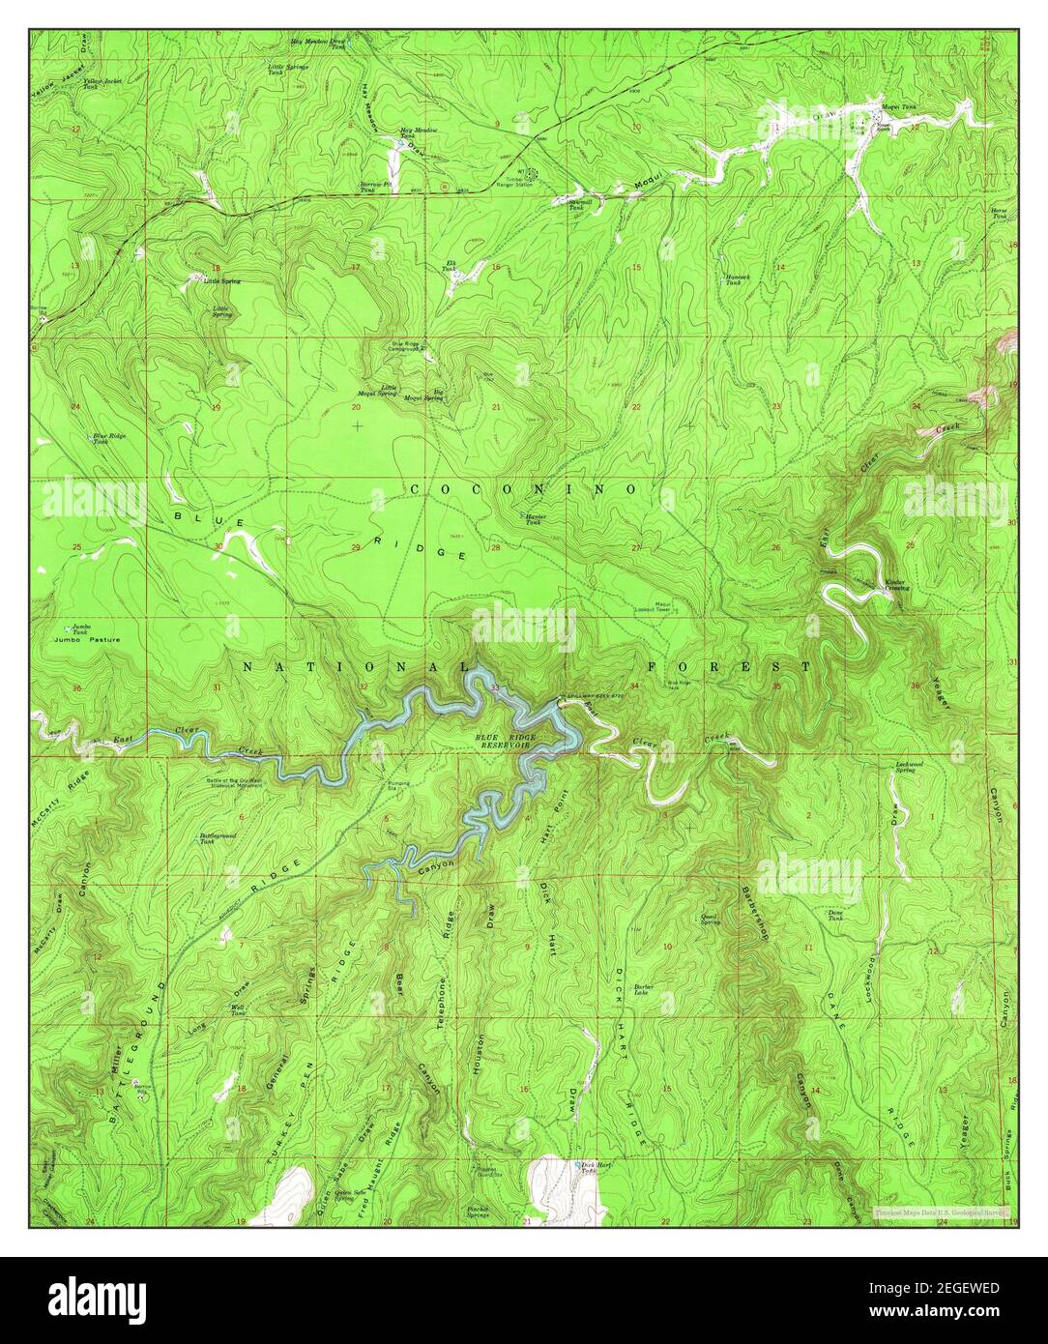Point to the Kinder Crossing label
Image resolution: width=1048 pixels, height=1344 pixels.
[896, 585]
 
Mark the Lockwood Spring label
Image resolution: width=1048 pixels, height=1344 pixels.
[904, 768]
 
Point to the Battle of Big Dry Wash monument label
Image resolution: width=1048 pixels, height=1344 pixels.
[224, 783]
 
